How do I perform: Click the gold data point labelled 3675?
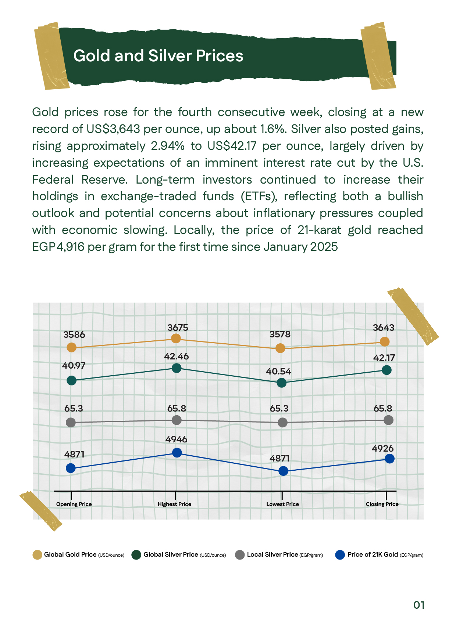[x=176, y=338]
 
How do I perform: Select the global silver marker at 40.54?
[x=282, y=383]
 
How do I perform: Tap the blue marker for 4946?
[x=177, y=453]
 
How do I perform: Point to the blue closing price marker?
[x=390, y=459]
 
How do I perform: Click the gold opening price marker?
[x=72, y=347]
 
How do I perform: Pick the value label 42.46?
[x=177, y=356]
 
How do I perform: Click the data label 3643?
[x=384, y=328]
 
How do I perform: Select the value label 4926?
[x=382, y=448]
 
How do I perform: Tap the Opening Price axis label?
[x=74, y=504]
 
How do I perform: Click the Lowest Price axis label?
[x=282, y=504]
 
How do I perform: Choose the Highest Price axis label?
[x=174, y=504]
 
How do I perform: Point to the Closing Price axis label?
[x=382, y=504]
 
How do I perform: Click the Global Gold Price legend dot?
[x=37, y=555]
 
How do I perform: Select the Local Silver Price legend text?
[x=272, y=554]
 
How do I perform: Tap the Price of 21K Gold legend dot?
[x=340, y=555]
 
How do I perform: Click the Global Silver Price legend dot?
[x=136, y=555]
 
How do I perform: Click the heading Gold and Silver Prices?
[x=158, y=56]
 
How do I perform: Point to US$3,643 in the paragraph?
[x=113, y=129]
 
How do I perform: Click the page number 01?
[x=419, y=605]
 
